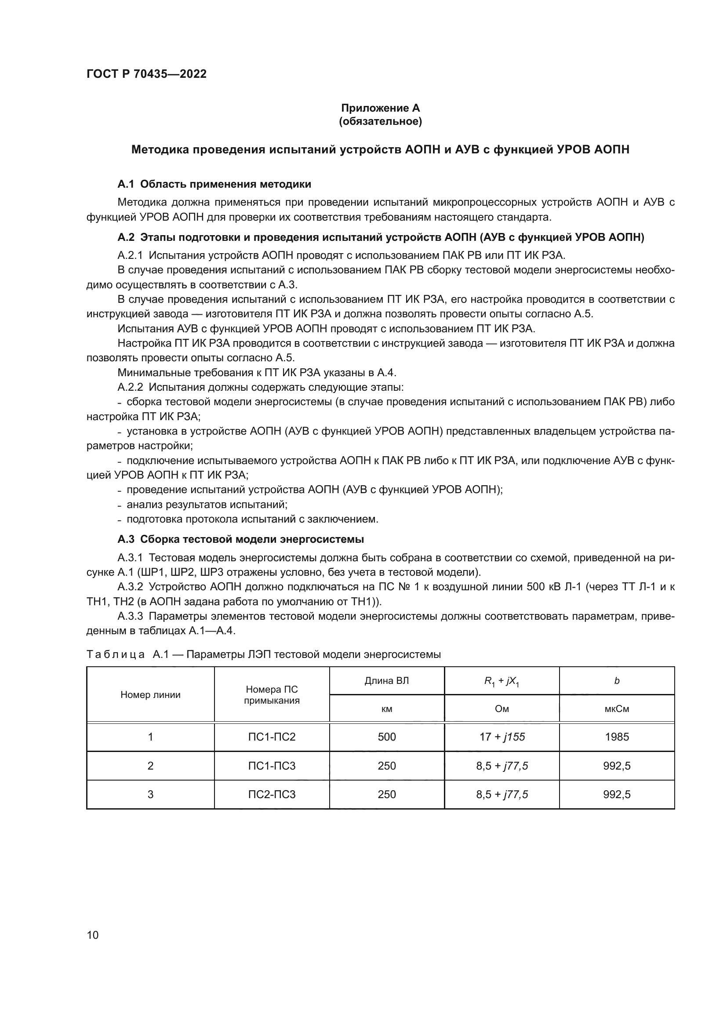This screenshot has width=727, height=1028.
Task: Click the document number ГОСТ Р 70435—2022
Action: click(146, 74)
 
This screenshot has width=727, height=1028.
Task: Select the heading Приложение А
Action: click(381, 108)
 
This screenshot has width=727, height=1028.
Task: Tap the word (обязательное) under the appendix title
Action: click(381, 121)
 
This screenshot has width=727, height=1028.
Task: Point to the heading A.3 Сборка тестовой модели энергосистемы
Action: click(240, 539)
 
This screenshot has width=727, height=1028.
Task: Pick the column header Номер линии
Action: click(150, 695)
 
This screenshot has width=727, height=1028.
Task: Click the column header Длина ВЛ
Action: click(387, 681)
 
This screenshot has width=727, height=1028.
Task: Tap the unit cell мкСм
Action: click(616, 709)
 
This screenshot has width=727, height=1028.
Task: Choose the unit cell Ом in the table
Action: click(502, 709)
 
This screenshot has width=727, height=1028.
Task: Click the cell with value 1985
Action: click(616, 737)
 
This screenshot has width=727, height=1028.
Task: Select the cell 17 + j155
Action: click(502, 737)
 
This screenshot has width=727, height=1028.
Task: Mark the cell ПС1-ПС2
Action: click(272, 737)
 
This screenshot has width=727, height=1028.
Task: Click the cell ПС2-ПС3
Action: click(272, 794)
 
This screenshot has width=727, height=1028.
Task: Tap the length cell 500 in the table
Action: click(387, 737)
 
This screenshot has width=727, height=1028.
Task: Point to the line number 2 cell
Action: click(150, 766)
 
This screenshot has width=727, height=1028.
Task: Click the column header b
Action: click(616, 681)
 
